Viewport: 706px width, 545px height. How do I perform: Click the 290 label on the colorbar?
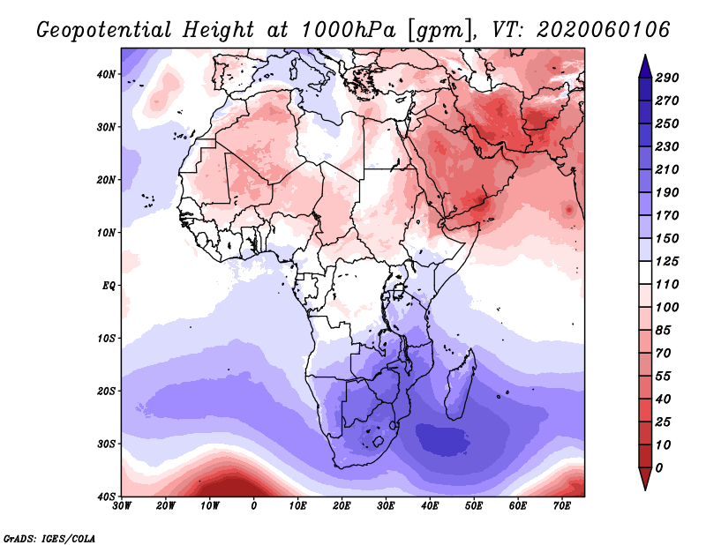(667, 78)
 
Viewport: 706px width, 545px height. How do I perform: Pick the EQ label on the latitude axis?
(109, 286)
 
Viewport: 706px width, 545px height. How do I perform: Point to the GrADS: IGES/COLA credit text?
(50, 537)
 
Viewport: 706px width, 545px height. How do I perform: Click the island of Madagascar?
(462, 384)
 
